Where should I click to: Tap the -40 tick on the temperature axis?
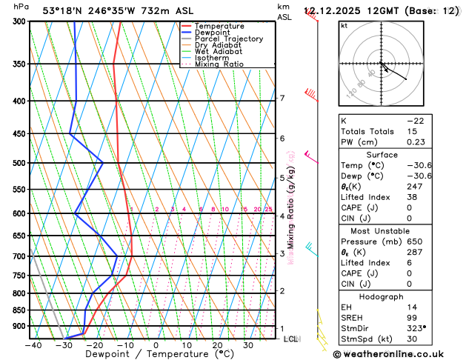coord(33,344)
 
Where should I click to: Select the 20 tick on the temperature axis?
coord(217,344)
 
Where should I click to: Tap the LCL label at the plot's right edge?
coord(290,339)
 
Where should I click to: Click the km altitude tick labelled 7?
coord(282,99)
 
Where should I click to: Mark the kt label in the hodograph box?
coord(344,25)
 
